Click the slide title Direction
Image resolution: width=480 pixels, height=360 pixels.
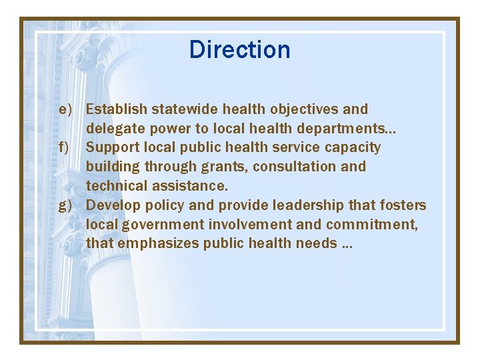click(239, 50)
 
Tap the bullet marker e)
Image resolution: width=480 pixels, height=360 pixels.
click(65, 109)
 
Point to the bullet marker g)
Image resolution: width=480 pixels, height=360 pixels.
click(65, 205)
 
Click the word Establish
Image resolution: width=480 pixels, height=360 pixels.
click(117, 109)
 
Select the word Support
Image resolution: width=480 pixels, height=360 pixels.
click(113, 147)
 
